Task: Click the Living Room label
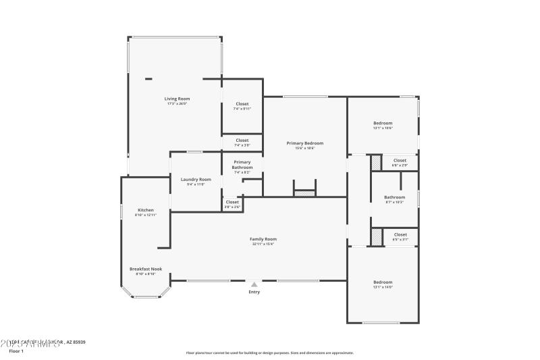pos(177,99)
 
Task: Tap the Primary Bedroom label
pos(304,143)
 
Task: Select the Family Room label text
pos(263,239)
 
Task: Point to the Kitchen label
pos(146,210)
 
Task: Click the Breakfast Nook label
pos(146,269)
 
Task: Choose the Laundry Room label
pos(196,179)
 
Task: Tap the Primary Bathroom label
pos(242,164)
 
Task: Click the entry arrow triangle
pos(254,284)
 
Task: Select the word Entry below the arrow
pos(254,292)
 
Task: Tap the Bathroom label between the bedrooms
pos(394,197)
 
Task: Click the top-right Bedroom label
pos(383,123)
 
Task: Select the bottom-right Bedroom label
pos(383,282)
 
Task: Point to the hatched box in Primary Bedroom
pos(304,193)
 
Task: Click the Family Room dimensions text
pos(263,244)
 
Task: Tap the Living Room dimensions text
pos(177,103)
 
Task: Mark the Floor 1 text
pos(16,351)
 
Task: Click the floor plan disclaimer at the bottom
pos(270,353)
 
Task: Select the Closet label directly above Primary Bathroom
pos(242,140)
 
